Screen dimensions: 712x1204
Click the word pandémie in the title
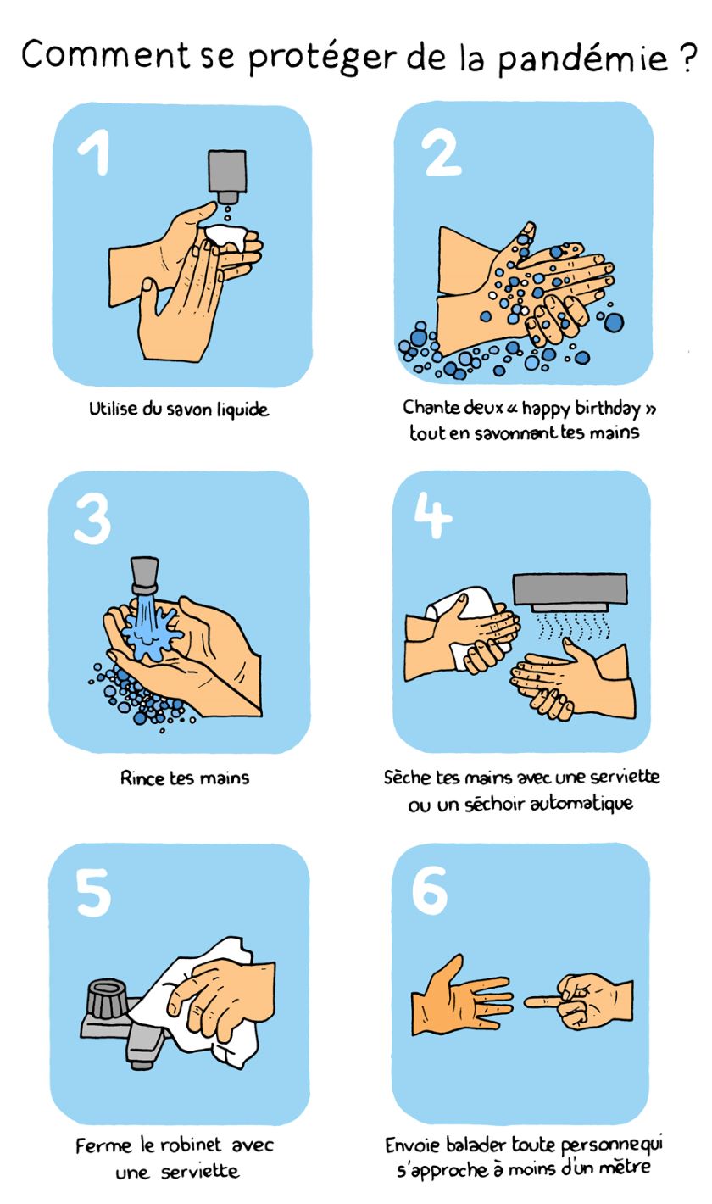(x=582, y=57)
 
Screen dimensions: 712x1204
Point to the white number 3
(x=92, y=519)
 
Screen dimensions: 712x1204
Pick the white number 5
(x=93, y=893)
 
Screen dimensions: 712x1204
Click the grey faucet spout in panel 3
(x=145, y=575)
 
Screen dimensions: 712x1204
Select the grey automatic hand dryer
(x=570, y=592)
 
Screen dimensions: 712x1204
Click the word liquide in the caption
(x=242, y=410)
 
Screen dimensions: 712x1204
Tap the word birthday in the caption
(x=607, y=409)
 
